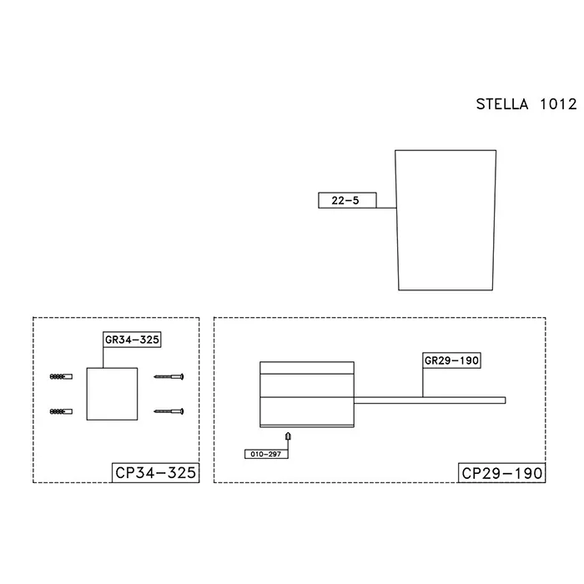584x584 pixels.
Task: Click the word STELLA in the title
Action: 502,104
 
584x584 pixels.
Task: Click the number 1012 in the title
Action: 558,104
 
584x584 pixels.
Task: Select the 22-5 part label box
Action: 347,200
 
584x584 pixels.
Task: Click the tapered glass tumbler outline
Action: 395,219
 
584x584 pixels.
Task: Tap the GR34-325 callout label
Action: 132,340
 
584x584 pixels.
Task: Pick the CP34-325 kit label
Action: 156,473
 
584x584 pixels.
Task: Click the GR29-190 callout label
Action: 451,360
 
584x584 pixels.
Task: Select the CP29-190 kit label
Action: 501,473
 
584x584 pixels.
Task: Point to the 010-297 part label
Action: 266,454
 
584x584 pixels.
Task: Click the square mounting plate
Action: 112,394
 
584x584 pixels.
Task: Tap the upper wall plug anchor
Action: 61,376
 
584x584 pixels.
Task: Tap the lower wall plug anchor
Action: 61,411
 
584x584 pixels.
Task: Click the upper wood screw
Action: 169,376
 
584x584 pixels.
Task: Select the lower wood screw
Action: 169,411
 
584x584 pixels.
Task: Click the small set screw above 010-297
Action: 288,435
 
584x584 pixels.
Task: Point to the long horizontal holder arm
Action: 430,400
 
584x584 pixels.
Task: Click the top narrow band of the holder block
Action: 307,368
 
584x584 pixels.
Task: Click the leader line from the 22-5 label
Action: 385,208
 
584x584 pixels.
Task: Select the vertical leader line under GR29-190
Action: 423,383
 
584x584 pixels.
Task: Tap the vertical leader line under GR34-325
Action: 103,358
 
